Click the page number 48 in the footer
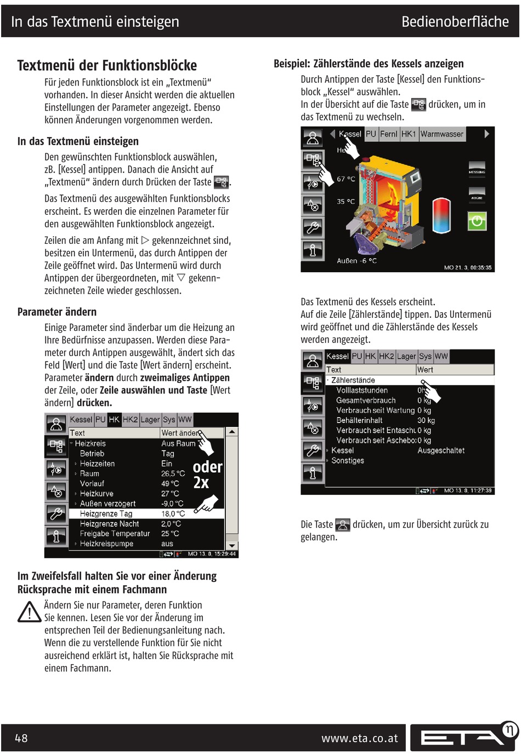(21, 738)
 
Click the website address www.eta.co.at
(359, 738)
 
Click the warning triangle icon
(29, 613)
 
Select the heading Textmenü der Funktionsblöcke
(107, 66)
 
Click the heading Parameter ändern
(57, 312)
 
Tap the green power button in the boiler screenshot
(477, 221)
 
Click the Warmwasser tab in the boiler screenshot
(441, 134)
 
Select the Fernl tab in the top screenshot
(389, 134)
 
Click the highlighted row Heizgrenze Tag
(106, 514)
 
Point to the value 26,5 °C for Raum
(173, 473)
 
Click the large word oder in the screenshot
(207, 467)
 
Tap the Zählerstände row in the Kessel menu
(353, 380)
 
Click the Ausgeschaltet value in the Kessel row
(441, 450)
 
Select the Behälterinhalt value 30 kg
(426, 420)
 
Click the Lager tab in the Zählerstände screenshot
(406, 356)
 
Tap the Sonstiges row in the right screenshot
(348, 461)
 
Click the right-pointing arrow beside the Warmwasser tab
(486, 134)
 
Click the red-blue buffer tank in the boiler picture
(441, 215)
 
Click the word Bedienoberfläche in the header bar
(455, 22)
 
